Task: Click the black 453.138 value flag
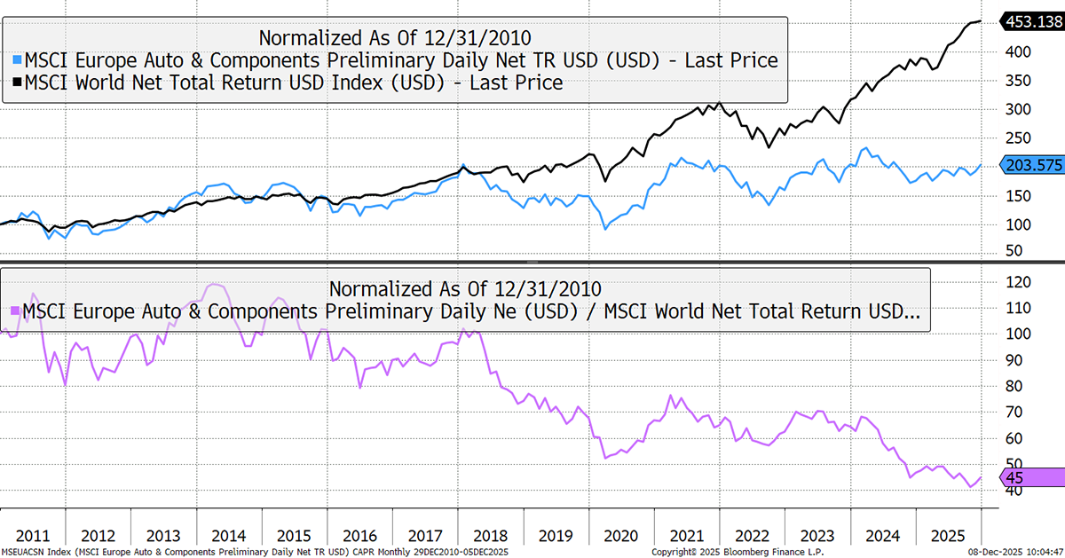point(1030,21)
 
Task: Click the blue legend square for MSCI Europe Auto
point(16,61)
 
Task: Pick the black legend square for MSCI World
point(16,83)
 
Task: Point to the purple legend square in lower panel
point(14,311)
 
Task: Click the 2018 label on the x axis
point(489,537)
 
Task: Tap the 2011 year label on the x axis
point(33,537)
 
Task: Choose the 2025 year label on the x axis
point(948,537)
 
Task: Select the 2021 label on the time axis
point(685,537)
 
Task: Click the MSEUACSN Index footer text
point(35,552)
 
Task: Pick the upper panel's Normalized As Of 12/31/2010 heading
point(394,37)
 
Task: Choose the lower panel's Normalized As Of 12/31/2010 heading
point(465,288)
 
